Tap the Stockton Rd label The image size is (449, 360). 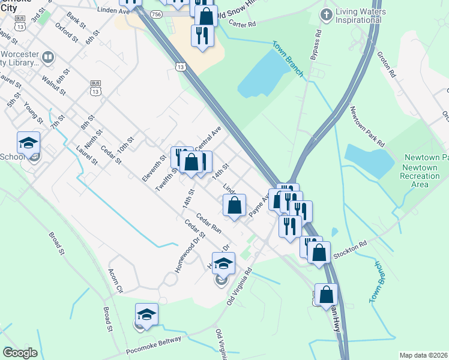click(350, 245)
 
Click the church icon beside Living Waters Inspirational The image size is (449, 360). click(327, 13)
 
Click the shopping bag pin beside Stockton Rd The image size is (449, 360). click(319, 252)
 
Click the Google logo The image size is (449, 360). click(20, 353)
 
